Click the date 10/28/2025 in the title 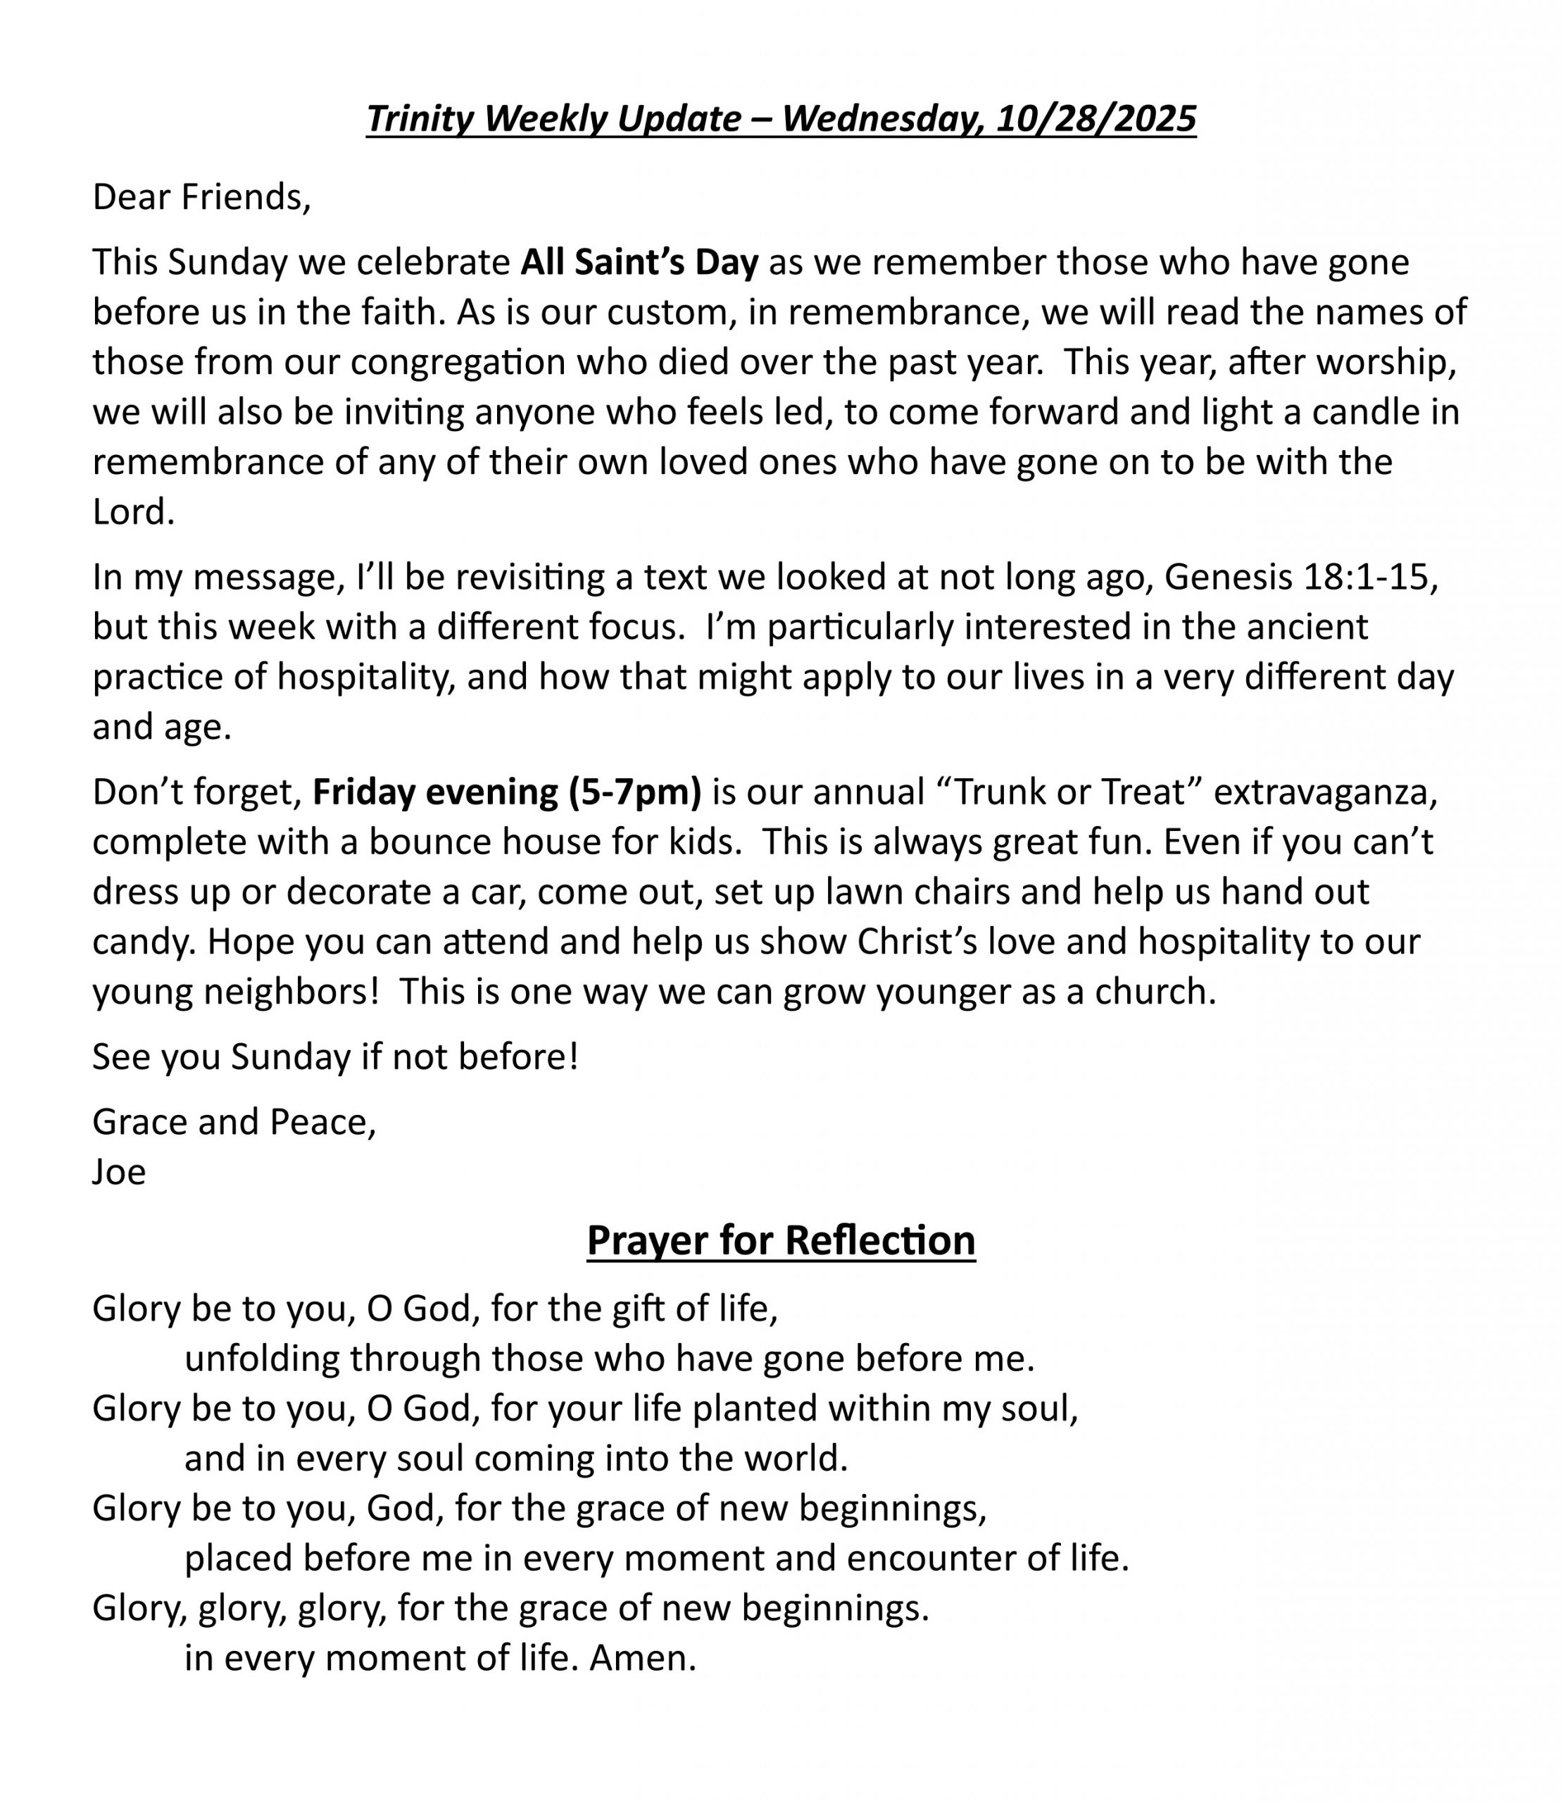(1096, 118)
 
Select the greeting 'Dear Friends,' (201, 197)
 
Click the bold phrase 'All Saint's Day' (639, 263)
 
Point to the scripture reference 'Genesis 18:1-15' (1300, 577)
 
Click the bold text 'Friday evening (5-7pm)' (507, 792)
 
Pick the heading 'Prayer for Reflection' (781, 1240)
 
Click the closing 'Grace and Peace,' (234, 1122)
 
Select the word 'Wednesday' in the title (883, 118)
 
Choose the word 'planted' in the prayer (755, 1409)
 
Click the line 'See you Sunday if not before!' (335, 1057)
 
